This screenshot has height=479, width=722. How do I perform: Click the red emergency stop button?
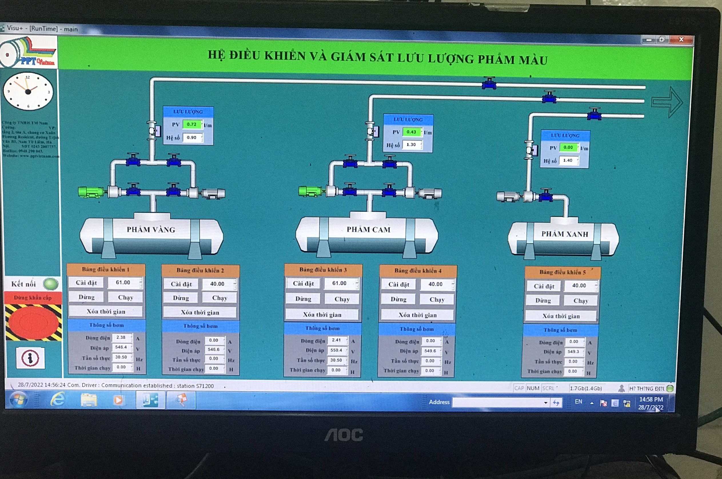[x=33, y=322]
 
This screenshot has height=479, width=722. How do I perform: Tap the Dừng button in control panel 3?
[x=303, y=299]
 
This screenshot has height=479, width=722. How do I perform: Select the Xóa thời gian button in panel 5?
[x=561, y=316]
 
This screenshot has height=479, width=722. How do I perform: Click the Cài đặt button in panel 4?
[x=399, y=284]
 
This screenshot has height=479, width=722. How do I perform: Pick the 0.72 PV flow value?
[x=192, y=124]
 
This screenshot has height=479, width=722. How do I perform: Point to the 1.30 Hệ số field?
[x=411, y=145]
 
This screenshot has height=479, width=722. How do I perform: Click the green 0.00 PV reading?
[x=568, y=148]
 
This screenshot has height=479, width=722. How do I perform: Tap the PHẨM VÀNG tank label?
[x=151, y=230]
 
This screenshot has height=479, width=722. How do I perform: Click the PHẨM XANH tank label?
[x=565, y=234]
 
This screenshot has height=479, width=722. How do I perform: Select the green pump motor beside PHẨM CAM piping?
[x=309, y=192]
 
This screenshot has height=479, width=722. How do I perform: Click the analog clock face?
[x=28, y=91]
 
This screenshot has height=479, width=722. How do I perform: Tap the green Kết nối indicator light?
[x=50, y=284]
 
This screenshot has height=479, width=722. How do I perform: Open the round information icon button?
[x=30, y=358]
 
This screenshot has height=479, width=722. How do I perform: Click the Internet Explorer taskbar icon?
[x=58, y=400]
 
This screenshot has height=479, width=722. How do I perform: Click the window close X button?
[x=681, y=39]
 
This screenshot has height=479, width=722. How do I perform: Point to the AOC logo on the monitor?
[x=344, y=435]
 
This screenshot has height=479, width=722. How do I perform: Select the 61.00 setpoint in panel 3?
[x=339, y=283]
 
